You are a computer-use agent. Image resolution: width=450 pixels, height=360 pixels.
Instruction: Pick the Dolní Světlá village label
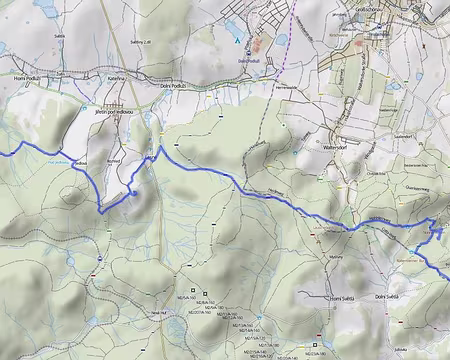coord(386,296)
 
